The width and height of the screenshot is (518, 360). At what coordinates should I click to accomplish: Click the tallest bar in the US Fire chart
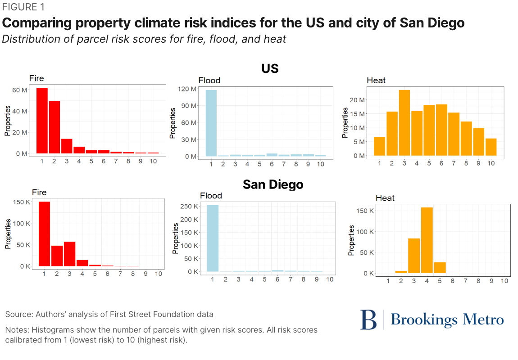[x=42, y=120]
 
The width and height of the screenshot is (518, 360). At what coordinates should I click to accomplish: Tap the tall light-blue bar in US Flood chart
[x=211, y=123]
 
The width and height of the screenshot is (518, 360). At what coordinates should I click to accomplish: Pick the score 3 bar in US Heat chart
[x=404, y=123]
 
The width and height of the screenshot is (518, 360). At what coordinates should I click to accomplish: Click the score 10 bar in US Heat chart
[x=491, y=147]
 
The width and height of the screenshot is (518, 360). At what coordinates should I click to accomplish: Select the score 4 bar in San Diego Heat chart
[x=427, y=240]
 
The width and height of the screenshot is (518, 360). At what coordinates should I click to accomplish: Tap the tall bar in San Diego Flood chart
[x=213, y=238]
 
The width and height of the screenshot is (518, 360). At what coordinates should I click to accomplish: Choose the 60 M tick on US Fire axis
[x=19, y=90]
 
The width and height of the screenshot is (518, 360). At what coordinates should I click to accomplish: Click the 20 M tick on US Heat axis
[x=359, y=100]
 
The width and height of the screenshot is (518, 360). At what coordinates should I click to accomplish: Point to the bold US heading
[x=270, y=68]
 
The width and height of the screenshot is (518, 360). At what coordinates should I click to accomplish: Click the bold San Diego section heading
[x=273, y=184]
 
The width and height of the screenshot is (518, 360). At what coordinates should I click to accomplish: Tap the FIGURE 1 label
[x=23, y=8]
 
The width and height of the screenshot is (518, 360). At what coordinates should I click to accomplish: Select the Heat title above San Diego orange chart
[x=385, y=198]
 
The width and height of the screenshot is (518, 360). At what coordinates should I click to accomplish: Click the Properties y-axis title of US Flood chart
[x=173, y=123]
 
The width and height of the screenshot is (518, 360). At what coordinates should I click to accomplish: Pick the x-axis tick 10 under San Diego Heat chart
[x=504, y=280]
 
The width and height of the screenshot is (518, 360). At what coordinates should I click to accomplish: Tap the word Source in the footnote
[x=18, y=314]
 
